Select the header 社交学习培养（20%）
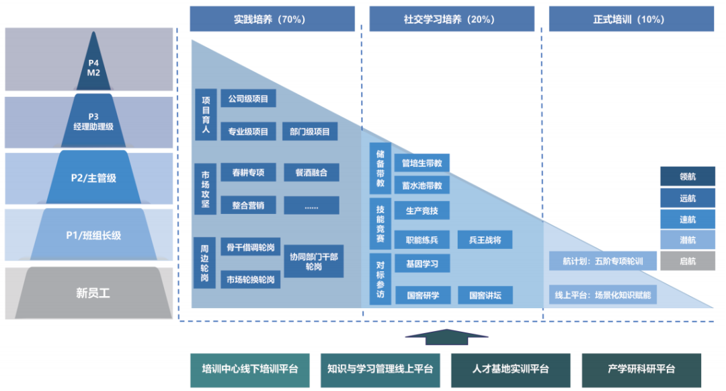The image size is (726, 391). coord(452,20)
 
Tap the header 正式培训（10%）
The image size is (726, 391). coord(631,20)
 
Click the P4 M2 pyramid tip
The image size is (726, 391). coord(93,68)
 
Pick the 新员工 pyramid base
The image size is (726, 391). coord(93,293)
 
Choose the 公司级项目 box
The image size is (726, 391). coord(248,99)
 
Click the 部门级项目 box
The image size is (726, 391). coord(310,132)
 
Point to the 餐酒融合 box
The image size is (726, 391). coord(311,172)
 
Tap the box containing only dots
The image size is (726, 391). coord(311,205)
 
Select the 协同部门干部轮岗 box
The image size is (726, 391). coord(314,261)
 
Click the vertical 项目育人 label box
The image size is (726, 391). coord(206,115)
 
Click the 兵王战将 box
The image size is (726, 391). coord(485,240)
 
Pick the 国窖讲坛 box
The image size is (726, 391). coord(485,295)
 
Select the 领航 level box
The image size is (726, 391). coord(687,176)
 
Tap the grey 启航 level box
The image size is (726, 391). coord(687,261)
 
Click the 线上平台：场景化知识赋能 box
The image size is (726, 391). coord(602,295)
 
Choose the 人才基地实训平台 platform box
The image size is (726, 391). coord(510,369)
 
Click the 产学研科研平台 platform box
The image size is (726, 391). coord(641,369)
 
